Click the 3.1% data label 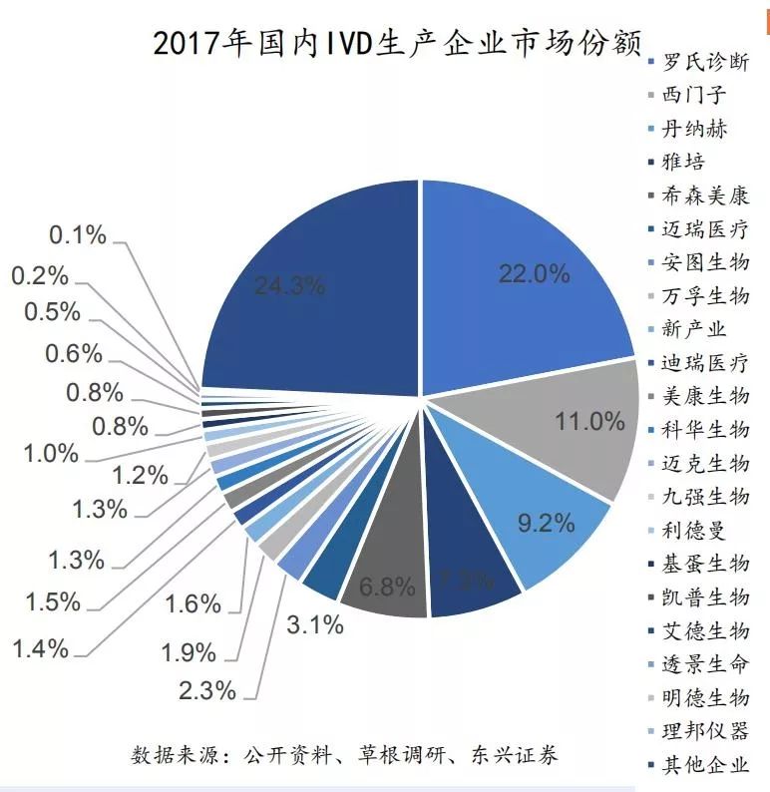click(x=313, y=625)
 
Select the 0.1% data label click(x=78, y=235)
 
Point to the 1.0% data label click(x=51, y=453)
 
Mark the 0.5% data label click(x=53, y=311)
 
